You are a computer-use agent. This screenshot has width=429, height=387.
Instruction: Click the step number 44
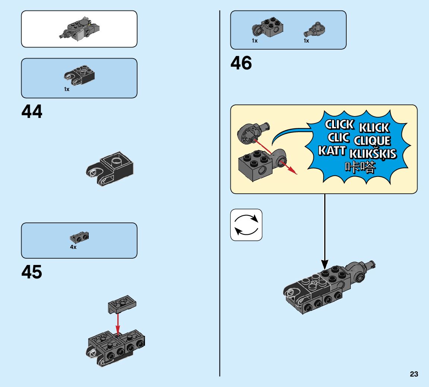32,112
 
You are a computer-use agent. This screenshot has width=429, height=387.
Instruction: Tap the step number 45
32,272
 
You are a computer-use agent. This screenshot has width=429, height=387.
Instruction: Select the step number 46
241,63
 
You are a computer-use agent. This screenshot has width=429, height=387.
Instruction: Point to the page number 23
414,374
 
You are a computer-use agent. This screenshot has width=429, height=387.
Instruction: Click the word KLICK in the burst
374,128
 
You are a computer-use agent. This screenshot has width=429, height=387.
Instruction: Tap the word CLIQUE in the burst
372,141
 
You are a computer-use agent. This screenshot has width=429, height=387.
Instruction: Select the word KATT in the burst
332,151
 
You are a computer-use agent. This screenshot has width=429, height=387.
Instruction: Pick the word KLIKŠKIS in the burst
373,154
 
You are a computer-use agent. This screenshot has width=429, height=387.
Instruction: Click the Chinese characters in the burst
360,167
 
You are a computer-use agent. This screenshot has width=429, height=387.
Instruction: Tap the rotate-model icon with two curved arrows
246,225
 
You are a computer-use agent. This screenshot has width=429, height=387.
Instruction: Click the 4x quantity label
73,247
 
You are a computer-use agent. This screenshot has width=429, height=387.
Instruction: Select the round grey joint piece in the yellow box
248,133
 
